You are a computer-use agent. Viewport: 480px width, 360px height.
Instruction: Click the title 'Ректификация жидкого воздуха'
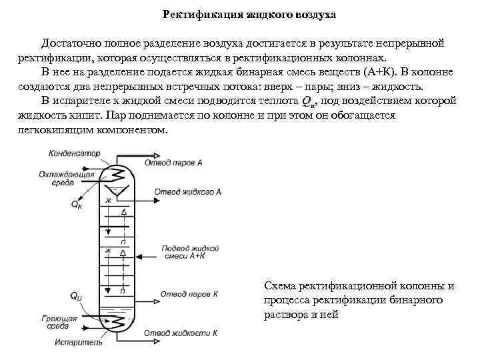tap(240, 13)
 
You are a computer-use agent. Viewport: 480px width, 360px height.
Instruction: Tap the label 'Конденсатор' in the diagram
tap(74, 153)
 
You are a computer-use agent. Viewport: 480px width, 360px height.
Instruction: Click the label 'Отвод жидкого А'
tap(188, 191)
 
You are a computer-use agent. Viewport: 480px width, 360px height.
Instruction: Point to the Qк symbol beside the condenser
tap(77, 205)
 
